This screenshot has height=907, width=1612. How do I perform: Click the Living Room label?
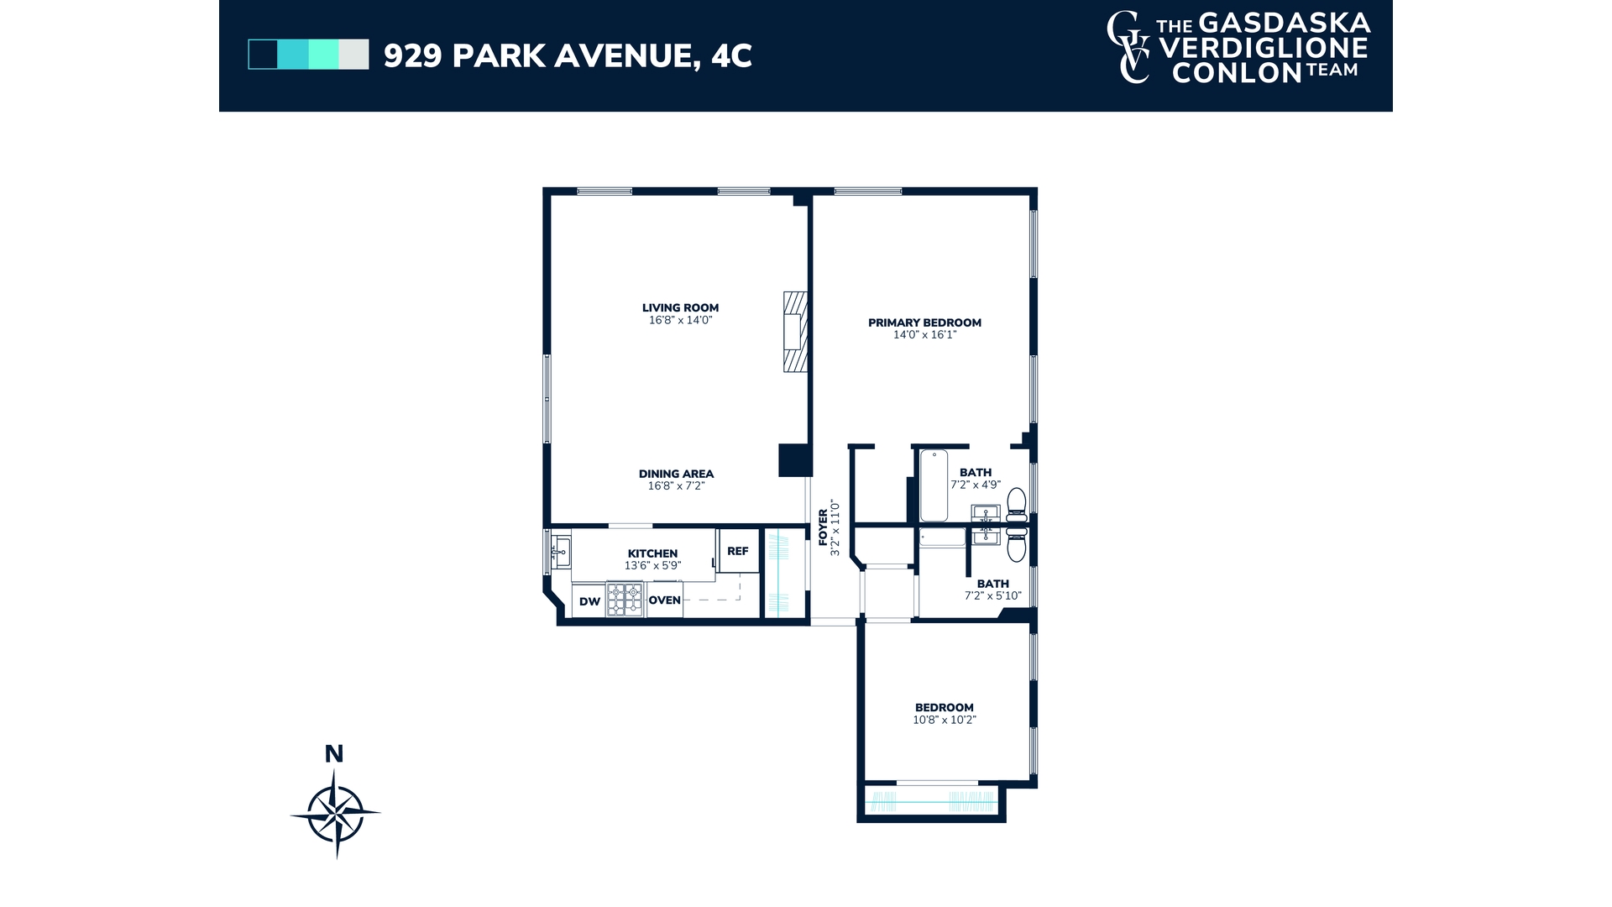point(680,307)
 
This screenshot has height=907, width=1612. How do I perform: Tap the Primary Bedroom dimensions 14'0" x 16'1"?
point(924,335)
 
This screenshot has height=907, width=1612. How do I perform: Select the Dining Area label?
point(676,474)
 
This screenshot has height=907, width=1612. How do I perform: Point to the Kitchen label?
point(652,553)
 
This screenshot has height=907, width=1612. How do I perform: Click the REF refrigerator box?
point(738,552)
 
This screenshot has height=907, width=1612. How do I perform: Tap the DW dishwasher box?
point(589,601)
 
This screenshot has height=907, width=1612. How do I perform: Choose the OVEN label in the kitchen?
point(664,600)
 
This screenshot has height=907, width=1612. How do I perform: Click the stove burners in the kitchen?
point(625,600)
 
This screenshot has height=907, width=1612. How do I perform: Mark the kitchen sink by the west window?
point(561,552)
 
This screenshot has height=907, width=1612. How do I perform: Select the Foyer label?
point(824,527)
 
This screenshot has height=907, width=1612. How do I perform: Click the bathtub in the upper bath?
point(934,485)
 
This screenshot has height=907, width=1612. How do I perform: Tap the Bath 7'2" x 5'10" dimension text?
point(992,596)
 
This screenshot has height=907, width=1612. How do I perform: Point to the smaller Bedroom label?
point(945,707)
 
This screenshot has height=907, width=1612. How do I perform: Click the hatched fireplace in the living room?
point(794,332)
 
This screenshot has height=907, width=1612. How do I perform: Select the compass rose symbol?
point(336,813)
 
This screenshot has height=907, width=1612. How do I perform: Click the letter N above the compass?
point(334,754)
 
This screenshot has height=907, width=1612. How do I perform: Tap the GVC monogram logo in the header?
point(1128,48)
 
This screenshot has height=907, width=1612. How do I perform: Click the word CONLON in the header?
point(1236,73)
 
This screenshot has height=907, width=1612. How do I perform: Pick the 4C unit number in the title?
point(731,55)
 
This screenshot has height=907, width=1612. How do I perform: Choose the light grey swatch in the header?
point(353,55)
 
